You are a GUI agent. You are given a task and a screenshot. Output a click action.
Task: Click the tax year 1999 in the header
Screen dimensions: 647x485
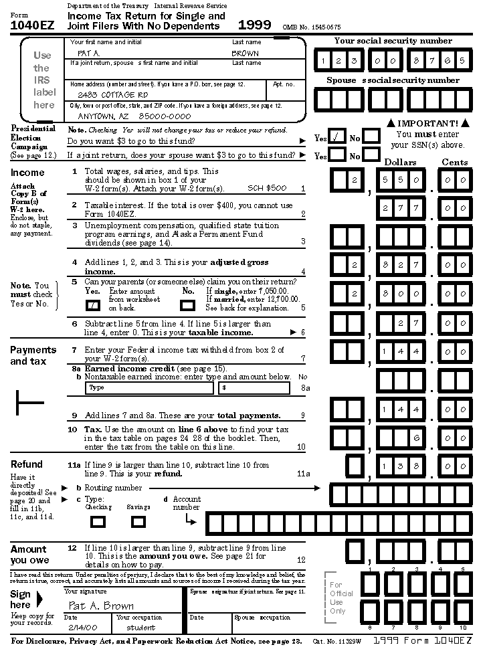tap(255, 25)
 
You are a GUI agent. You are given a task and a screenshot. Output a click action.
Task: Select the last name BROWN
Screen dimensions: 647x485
tap(245, 53)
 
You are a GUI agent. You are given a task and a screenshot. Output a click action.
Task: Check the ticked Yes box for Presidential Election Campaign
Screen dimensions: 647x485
tap(338, 138)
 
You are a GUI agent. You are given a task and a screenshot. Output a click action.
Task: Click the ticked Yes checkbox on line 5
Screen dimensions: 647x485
tap(93, 305)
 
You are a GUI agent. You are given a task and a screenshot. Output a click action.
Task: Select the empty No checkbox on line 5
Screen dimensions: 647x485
tap(188, 305)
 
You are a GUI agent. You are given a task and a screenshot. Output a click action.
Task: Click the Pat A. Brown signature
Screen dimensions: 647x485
tap(101, 606)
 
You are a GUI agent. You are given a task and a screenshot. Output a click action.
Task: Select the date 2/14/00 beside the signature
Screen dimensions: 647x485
tap(80, 628)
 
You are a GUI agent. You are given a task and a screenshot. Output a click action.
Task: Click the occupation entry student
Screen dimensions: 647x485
tap(140, 628)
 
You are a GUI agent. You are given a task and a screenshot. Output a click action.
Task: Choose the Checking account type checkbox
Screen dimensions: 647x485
tap(98, 521)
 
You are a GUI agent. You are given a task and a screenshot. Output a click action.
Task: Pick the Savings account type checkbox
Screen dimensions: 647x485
tap(138, 521)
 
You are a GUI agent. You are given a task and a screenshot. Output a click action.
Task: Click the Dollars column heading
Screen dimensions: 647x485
tap(400, 162)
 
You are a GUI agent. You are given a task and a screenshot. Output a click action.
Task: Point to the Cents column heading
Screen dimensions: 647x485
tap(455, 162)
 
